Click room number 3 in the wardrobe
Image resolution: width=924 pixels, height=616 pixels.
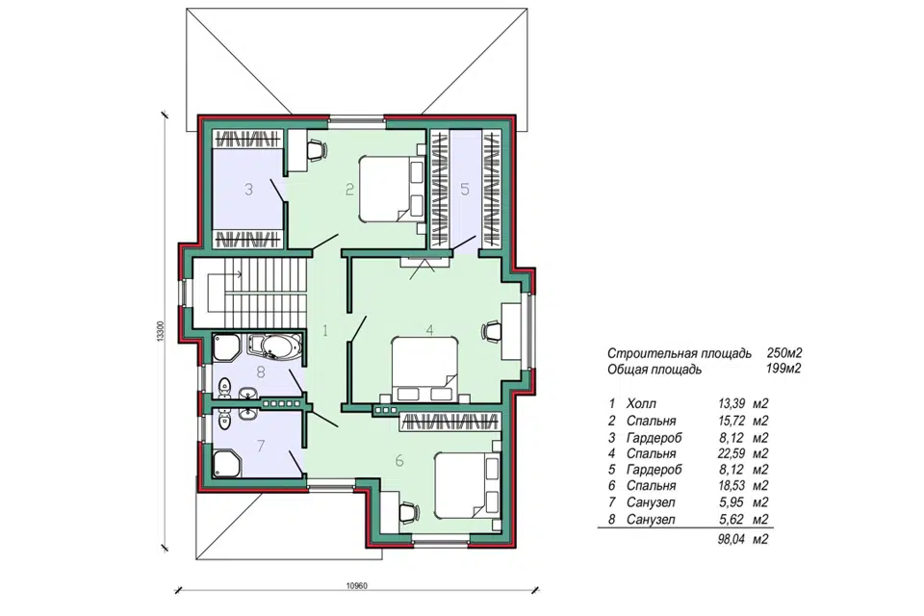(x=248, y=190)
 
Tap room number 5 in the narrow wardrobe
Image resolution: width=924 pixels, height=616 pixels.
(x=465, y=190)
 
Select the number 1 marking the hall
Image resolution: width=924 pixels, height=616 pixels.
(x=324, y=331)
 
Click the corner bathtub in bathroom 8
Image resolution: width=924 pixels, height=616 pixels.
(x=274, y=346)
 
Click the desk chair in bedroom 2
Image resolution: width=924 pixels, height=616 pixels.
(x=316, y=149)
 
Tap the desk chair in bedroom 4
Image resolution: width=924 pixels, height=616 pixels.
(x=492, y=331)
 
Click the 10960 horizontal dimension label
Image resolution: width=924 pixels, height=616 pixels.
(x=356, y=586)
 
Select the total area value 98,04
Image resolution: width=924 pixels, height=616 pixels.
(x=731, y=539)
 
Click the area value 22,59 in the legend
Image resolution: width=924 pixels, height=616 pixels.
(x=731, y=454)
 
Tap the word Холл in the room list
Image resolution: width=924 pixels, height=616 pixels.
(x=641, y=404)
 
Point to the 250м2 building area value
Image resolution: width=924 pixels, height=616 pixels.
(x=784, y=353)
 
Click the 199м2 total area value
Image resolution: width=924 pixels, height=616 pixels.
(x=784, y=370)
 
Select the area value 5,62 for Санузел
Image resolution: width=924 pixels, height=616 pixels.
(x=731, y=520)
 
